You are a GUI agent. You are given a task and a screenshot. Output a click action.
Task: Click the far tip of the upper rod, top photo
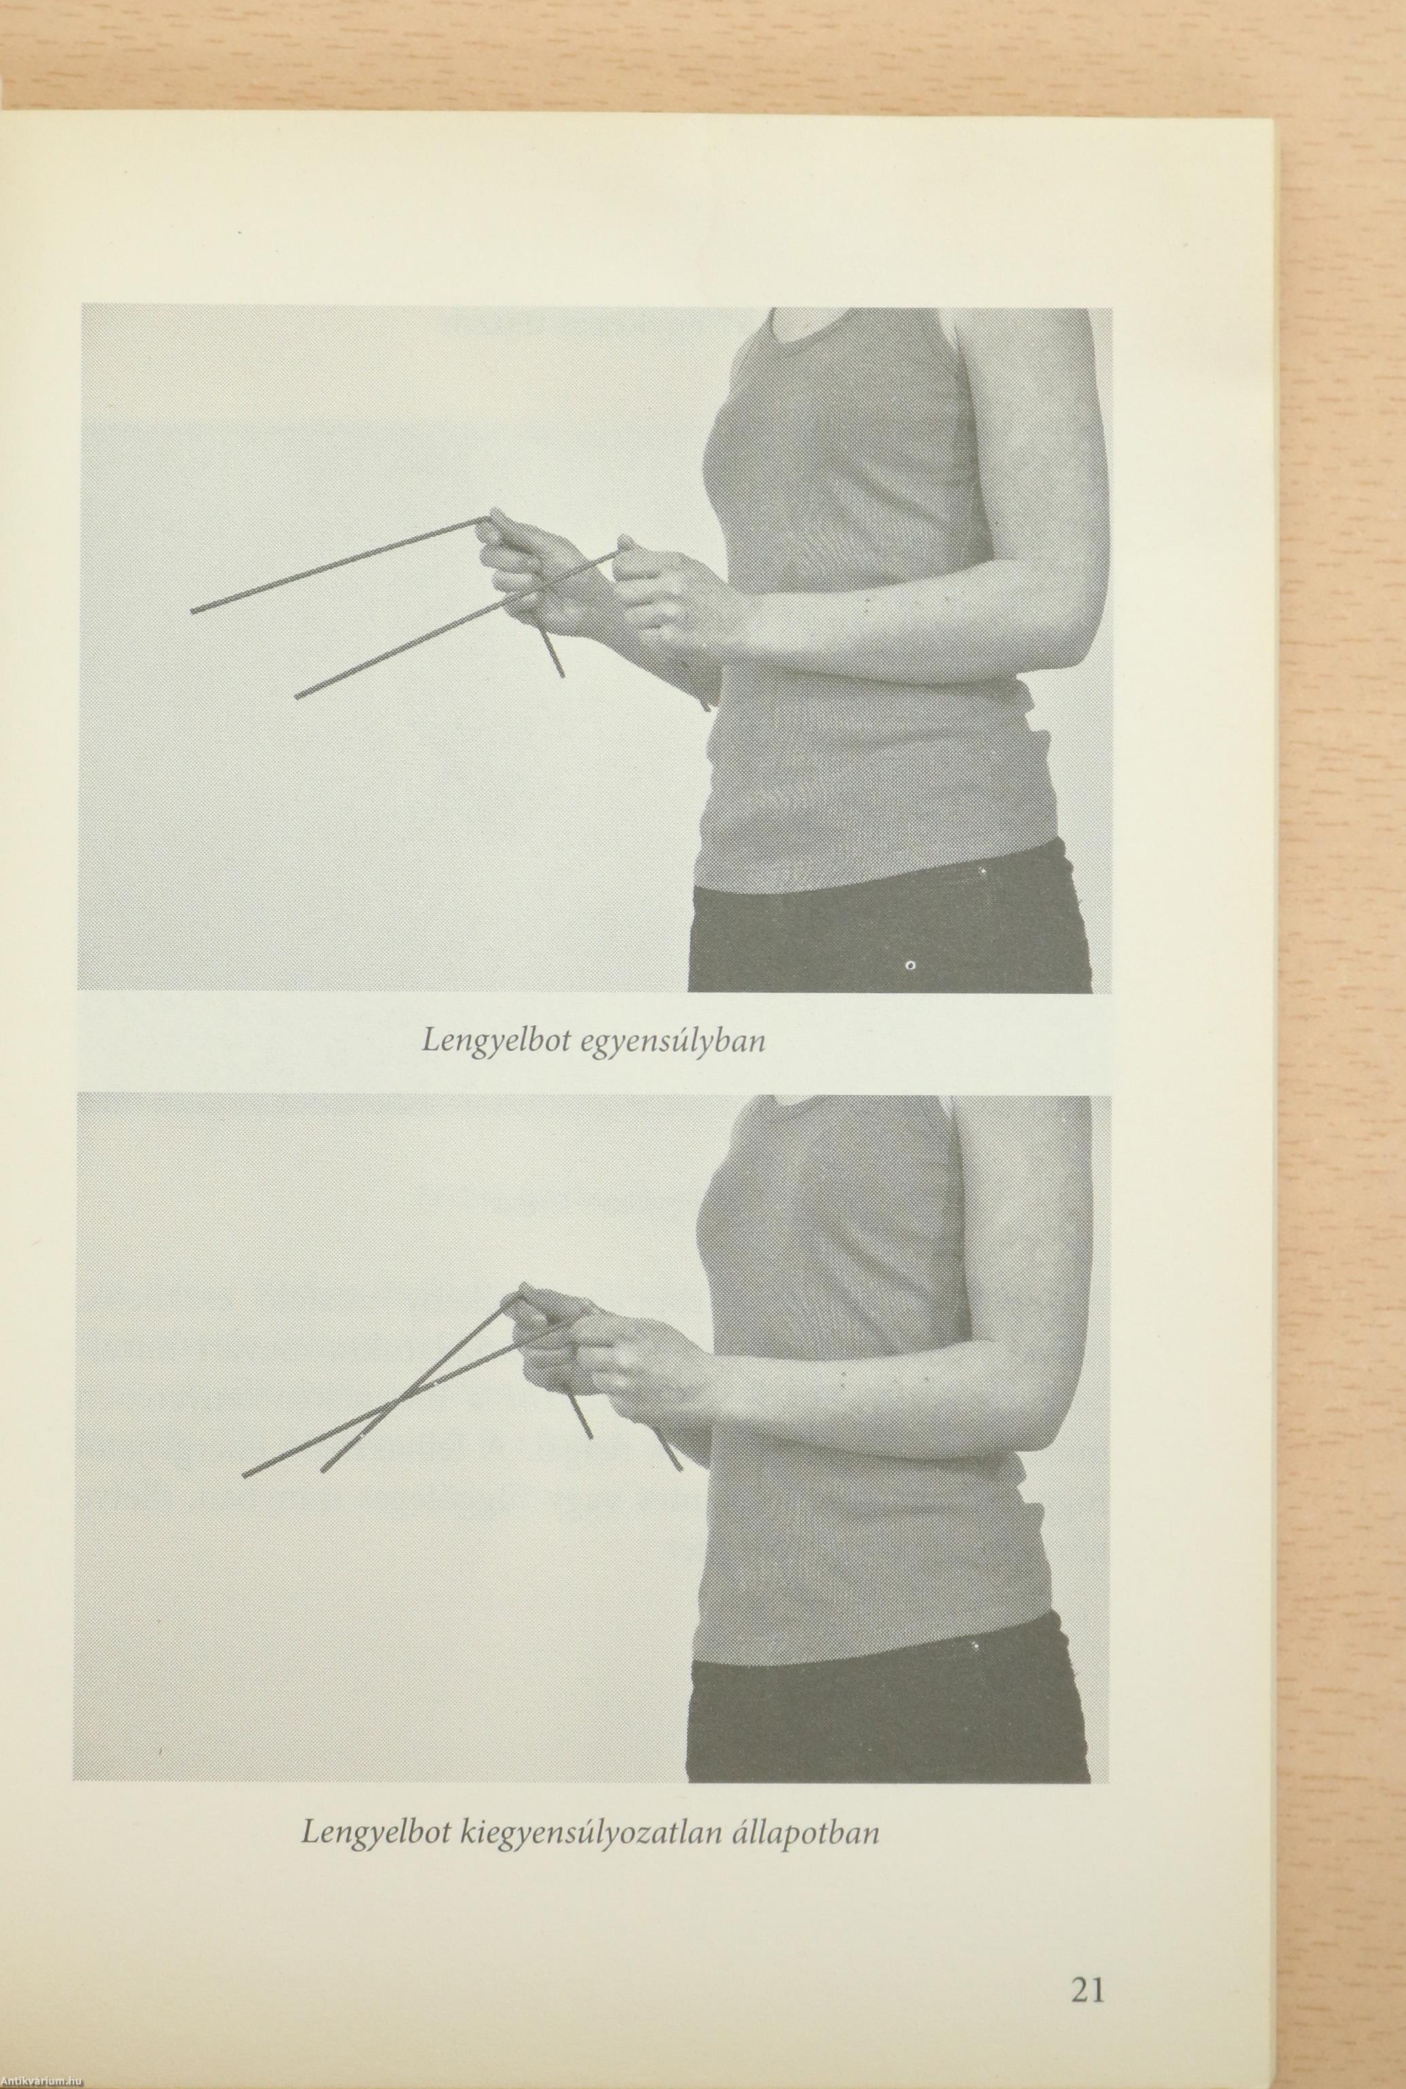point(193,611)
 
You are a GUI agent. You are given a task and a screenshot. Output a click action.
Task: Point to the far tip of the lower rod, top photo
point(298,695)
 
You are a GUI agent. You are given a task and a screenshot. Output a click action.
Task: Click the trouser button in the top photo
point(910,965)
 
